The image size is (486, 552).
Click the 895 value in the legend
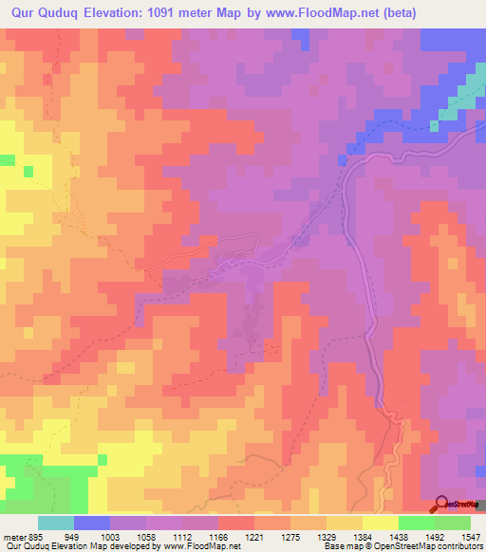coord(34,536)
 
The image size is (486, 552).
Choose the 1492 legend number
coord(436,536)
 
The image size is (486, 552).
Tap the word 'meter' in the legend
coord(12,536)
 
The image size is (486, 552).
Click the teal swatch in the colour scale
coord(55,523)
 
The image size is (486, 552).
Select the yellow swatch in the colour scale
coord(380,523)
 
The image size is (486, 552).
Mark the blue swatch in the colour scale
coord(91,523)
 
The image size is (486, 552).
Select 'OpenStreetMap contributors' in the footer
coord(432,547)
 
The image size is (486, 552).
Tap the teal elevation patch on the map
coord(436,124)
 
